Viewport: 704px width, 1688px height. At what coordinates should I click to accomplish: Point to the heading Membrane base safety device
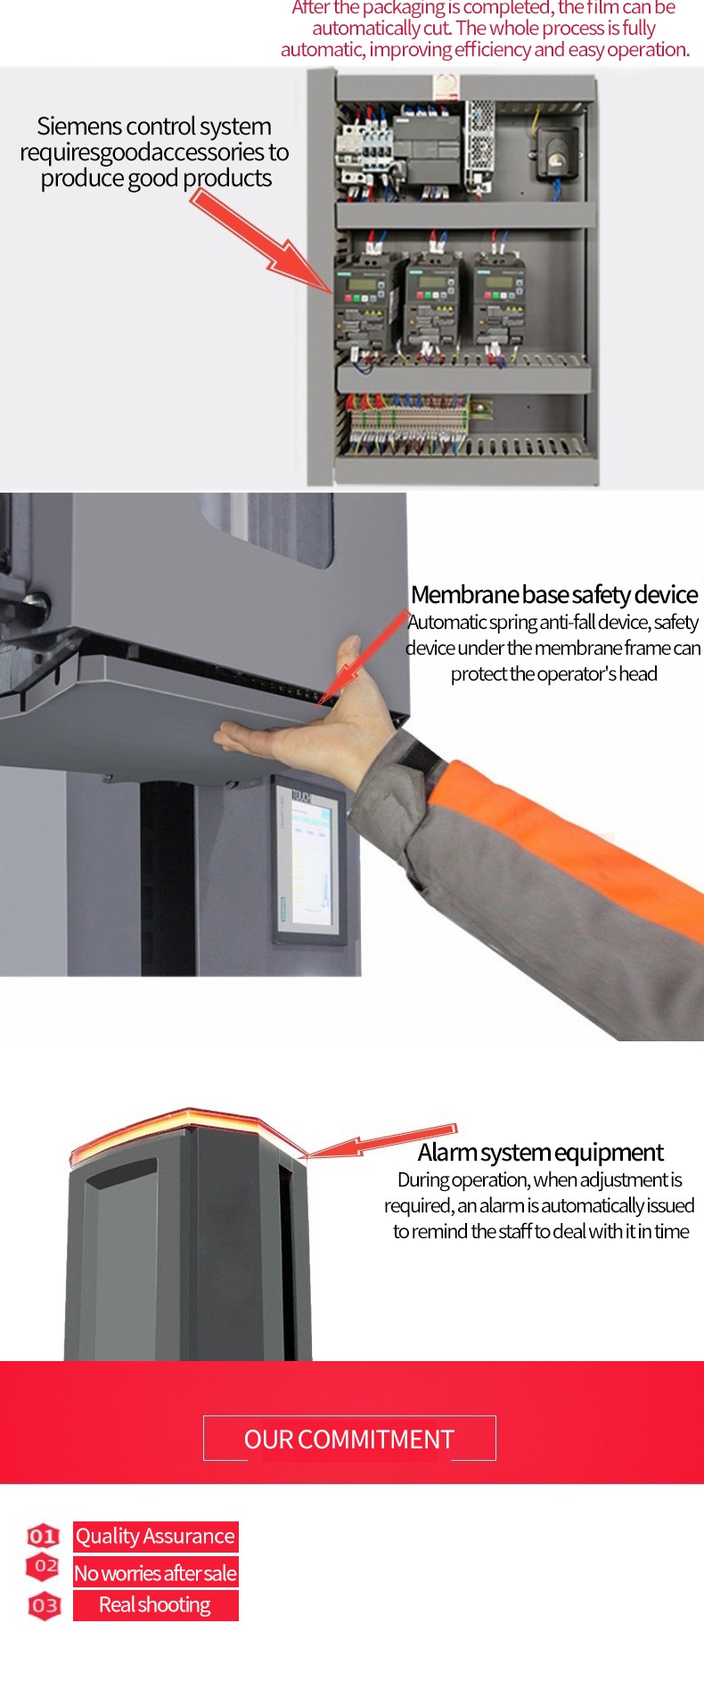(x=554, y=594)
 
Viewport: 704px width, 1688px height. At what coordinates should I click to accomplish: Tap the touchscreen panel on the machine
(x=308, y=859)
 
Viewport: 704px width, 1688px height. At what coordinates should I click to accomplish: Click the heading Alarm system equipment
(x=540, y=1153)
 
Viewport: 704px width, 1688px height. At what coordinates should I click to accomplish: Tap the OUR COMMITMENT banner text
(x=349, y=1439)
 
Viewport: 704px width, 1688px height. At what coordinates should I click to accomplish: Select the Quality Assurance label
(x=155, y=1537)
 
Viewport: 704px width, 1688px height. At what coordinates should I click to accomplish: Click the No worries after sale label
(x=155, y=1573)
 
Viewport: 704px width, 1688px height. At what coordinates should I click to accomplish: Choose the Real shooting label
(x=155, y=1605)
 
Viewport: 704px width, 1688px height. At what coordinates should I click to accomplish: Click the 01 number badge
(x=43, y=1536)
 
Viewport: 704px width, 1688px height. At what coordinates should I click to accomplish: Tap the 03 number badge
(x=45, y=1606)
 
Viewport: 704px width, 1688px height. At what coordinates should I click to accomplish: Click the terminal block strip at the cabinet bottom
(x=409, y=422)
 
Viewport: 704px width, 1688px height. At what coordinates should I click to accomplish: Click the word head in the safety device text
(x=638, y=674)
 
